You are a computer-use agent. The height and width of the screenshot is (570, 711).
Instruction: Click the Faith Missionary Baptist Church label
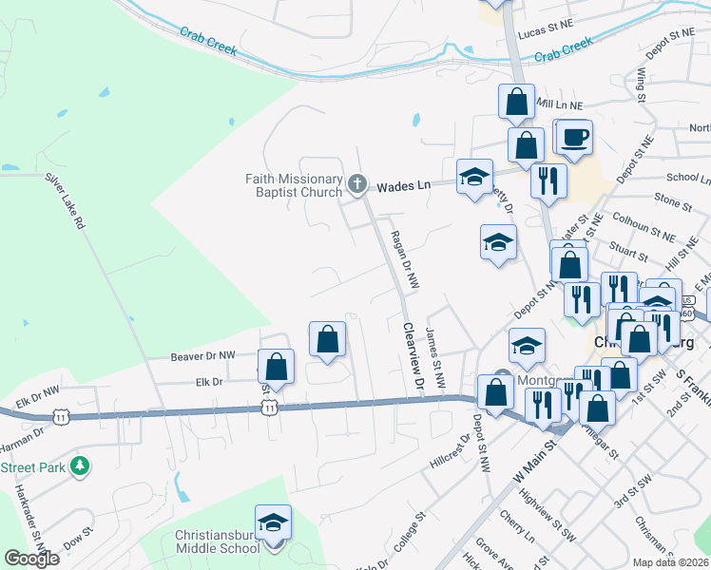[x=294, y=185]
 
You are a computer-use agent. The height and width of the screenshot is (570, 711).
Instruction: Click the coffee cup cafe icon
[x=574, y=138]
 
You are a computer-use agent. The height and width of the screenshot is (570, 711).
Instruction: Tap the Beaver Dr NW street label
[x=202, y=356]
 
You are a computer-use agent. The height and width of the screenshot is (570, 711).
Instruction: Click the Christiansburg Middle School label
[x=217, y=541]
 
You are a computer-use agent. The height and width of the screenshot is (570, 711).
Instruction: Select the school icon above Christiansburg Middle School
[x=273, y=522]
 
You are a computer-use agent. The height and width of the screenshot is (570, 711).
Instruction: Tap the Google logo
[x=32, y=559]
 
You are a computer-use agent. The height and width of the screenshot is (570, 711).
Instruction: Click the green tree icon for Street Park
[x=82, y=465]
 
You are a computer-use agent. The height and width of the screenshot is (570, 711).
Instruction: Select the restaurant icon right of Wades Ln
[x=548, y=180]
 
